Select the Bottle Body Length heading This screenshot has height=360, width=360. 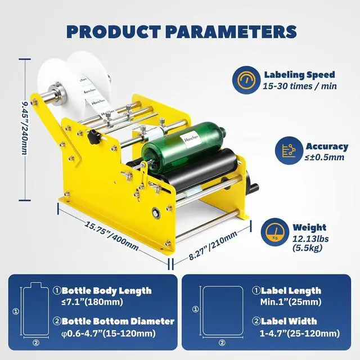[x=106, y=291]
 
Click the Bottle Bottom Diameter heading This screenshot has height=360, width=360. [x=118, y=321]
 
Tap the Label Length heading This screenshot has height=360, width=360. [x=287, y=291]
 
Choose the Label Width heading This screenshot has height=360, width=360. [x=284, y=321]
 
